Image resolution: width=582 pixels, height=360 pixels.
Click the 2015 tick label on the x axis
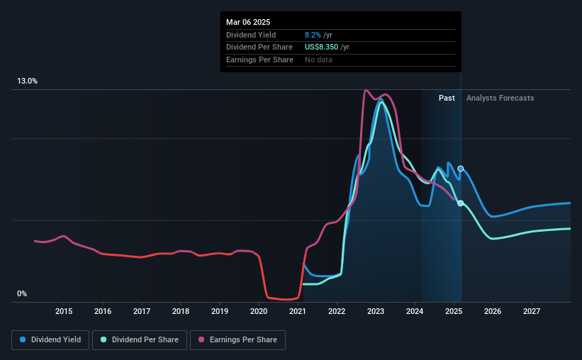pyautogui.click(x=64, y=311)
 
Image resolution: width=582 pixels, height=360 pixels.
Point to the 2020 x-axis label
pyautogui.click(x=259, y=311)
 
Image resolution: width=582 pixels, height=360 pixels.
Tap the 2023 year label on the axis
pyautogui.click(x=376, y=311)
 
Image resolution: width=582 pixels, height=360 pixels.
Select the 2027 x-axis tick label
pyautogui.click(x=532, y=311)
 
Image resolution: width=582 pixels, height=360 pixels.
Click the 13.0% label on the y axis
pyautogui.click(x=28, y=81)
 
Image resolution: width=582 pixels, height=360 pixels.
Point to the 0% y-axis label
pyautogui.click(x=22, y=293)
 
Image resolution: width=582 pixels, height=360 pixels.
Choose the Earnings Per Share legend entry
pyautogui.click(x=237, y=340)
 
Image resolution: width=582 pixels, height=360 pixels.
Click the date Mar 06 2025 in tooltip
pyautogui.click(x=248, y=23)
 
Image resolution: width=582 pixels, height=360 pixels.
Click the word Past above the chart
pyautogui.click(x=447, y=99)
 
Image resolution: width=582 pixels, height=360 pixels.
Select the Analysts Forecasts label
pyautogui.click(x=500, y=99)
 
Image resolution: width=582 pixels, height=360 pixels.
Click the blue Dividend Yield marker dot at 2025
pyautogui.click(x=461, y=169)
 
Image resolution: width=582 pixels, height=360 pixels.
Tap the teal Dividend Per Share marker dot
pyautogui.click(x=461, y=203)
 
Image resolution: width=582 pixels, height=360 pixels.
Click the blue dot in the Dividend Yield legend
pyautogui.click(x=23, y=340)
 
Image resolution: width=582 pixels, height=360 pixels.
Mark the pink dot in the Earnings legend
pyautogui.click(x=201, y=340)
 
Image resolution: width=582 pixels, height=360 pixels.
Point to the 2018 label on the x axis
pyautogui.click(x=181, y=311)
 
